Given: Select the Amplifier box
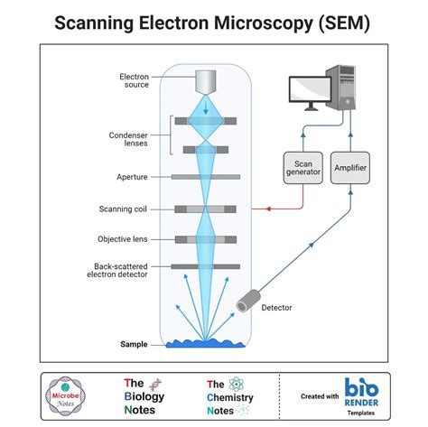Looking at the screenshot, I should pyautogui.click(x=349, y=168).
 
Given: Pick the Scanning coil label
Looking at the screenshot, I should pyautogui.click(x=123, y=209).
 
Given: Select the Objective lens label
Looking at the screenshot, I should pyautogui.click(x=123, y=239).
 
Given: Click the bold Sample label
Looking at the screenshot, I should pyautogui.click(x=134, y=344).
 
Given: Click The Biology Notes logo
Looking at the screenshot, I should pyautogui.click(x=144, y=395).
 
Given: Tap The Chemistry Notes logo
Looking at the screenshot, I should pyautogui.click(x=231, y=396).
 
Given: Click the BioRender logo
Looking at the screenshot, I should pyautogui.click(x=362, y=395).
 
